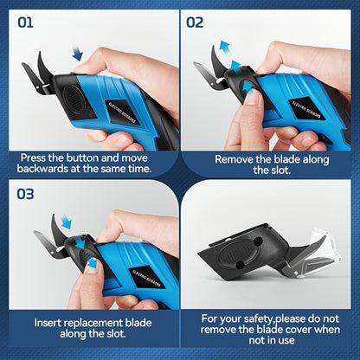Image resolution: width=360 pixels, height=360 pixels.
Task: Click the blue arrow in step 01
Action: [x=77, y=54]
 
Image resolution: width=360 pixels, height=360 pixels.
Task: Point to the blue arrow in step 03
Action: [x=80, y=243]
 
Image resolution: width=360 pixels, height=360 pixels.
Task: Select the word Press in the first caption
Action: [x=39, y=159]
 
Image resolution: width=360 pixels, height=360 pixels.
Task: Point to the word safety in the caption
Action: [x=244, y=318]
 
